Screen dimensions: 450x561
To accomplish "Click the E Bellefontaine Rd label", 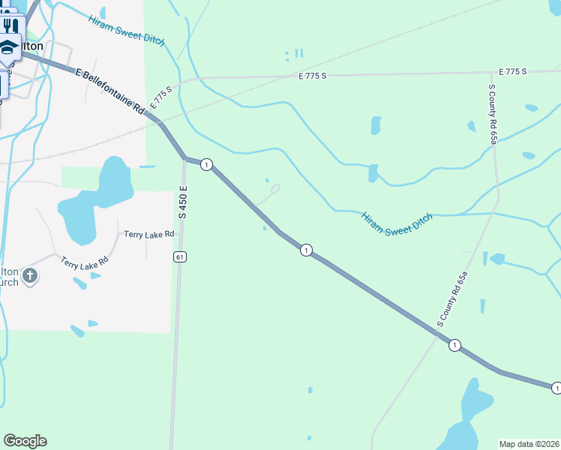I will (109, 90).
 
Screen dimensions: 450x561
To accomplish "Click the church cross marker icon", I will (29, 275).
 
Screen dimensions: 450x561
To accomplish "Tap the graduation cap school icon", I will (9, 48).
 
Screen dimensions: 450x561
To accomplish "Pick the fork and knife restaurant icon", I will (10, 25).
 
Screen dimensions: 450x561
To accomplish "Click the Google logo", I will (25, 441).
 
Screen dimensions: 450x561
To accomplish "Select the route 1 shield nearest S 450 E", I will (207, 164).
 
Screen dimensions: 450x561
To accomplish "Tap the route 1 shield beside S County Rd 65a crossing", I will (454, 345).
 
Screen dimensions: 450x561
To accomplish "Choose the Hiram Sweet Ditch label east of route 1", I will (397, 224).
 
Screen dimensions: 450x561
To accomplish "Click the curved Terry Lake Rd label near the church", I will (85, 263).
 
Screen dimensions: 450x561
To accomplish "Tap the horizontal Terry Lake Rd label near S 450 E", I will (149, 234).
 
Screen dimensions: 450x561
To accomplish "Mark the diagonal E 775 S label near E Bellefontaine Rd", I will (160, 98).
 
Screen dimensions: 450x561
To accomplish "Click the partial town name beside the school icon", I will (32, 46).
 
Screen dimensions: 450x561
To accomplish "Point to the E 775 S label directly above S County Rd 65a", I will (513, 71).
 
